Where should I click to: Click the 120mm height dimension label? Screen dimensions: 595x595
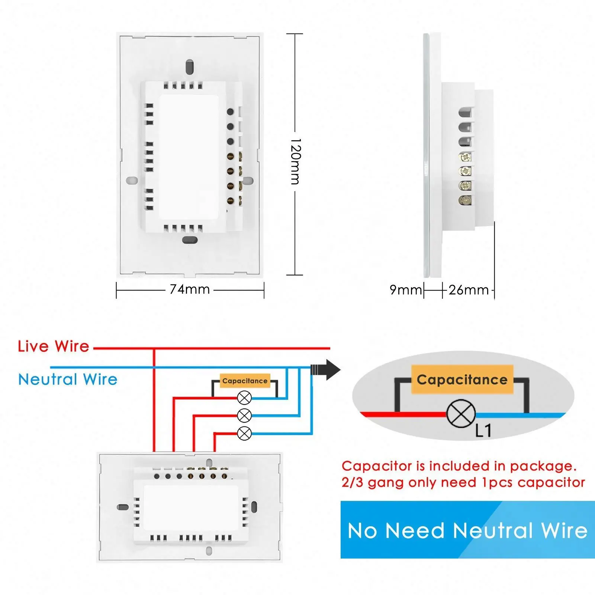[295, 161]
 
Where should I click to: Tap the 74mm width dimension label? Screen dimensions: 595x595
[190, 289]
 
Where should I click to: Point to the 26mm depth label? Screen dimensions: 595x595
[469, 290]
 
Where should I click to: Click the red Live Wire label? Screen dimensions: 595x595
[54, 346]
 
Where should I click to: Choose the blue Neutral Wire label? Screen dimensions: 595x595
[68, 379]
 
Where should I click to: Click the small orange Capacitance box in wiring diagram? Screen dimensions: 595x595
[245, 381]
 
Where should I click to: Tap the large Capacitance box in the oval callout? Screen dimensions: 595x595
[462, 380]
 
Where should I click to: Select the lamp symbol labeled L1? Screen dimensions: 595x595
[461, 414]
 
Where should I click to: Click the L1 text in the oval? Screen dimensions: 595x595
[483, 431]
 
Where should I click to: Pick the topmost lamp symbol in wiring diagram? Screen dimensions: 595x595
[244, 398]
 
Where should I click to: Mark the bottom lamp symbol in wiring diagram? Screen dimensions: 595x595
[244, 433]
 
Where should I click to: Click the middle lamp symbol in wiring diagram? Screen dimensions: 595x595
[244, 415]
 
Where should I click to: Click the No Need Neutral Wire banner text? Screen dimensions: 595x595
[467, 530]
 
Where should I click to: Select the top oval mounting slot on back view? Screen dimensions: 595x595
[190, 66]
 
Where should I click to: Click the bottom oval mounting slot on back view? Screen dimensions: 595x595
[190, 240]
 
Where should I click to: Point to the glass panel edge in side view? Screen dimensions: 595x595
[426, 155]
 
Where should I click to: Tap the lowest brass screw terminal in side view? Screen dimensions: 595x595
[465, 200]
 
